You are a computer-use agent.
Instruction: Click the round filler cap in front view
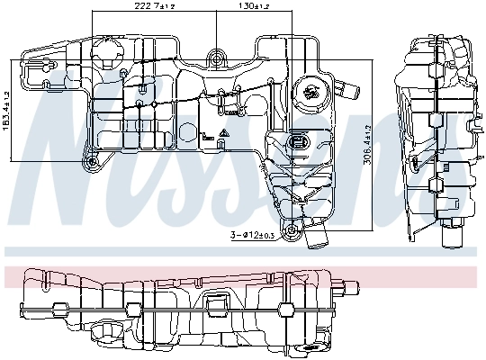311,90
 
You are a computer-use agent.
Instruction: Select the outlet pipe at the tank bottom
316,238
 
